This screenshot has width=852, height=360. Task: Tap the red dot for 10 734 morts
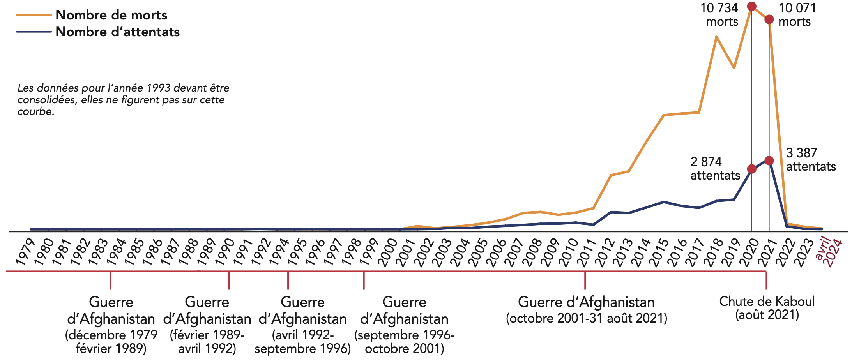coord(752,6)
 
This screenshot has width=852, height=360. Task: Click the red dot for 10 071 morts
coord(769,19)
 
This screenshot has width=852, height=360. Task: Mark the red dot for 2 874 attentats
coord(752,169)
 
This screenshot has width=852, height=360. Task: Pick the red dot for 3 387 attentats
coord(769,161)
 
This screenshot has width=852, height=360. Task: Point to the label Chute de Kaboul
coord(767,302)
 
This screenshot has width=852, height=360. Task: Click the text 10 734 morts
coord(719,15)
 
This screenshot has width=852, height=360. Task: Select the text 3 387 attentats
coord(811,160)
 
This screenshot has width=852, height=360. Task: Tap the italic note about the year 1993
coord(123,100)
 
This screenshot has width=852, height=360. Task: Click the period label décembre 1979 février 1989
coord(111,341)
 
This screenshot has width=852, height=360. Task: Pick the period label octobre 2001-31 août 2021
coord(586,318)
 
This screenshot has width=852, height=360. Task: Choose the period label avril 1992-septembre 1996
coord(302,341)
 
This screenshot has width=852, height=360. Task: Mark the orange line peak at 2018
coord(716,37)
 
